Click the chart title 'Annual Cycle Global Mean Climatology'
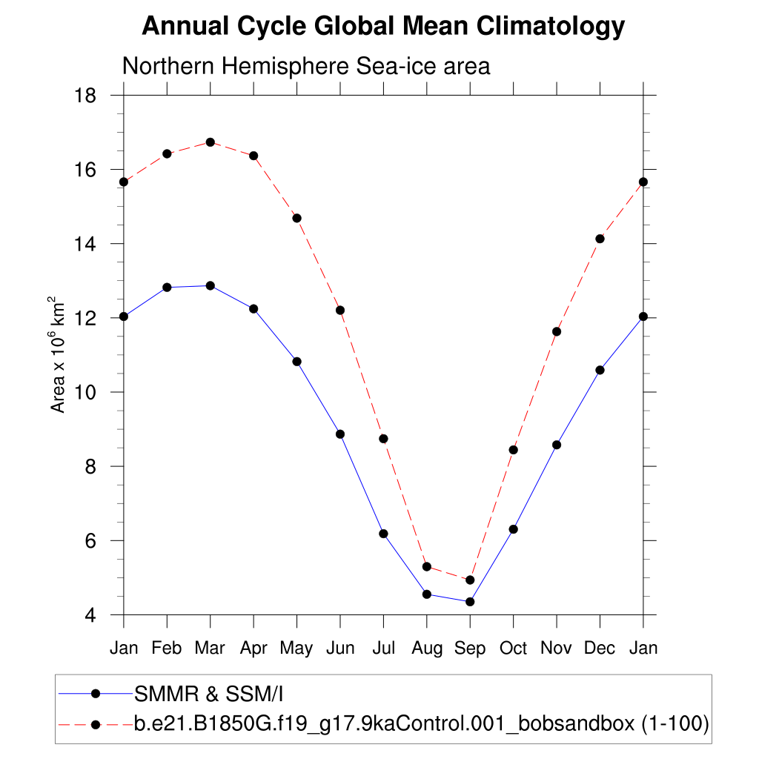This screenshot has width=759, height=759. click(383, 27)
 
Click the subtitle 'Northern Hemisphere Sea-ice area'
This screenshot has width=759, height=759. click(306, 66)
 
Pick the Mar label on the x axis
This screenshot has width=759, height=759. click(210, 648)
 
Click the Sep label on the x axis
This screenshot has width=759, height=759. click(470, 648)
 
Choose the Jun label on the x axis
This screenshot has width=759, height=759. click(340, 648)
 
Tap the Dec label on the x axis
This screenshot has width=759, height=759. click(600, 648)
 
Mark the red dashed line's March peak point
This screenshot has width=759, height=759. click(211, 142)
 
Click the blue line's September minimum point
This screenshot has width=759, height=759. click(470, 602)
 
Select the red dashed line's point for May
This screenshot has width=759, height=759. click(297, 218)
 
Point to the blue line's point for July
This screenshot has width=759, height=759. click(383, 534)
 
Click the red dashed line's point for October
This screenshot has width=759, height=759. click(513, 450)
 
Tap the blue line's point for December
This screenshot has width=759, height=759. click(600, 370)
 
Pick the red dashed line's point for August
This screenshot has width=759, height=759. click(427, 567)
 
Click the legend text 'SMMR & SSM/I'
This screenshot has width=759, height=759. click(209, 694)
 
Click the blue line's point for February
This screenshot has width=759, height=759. click(167, 288)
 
